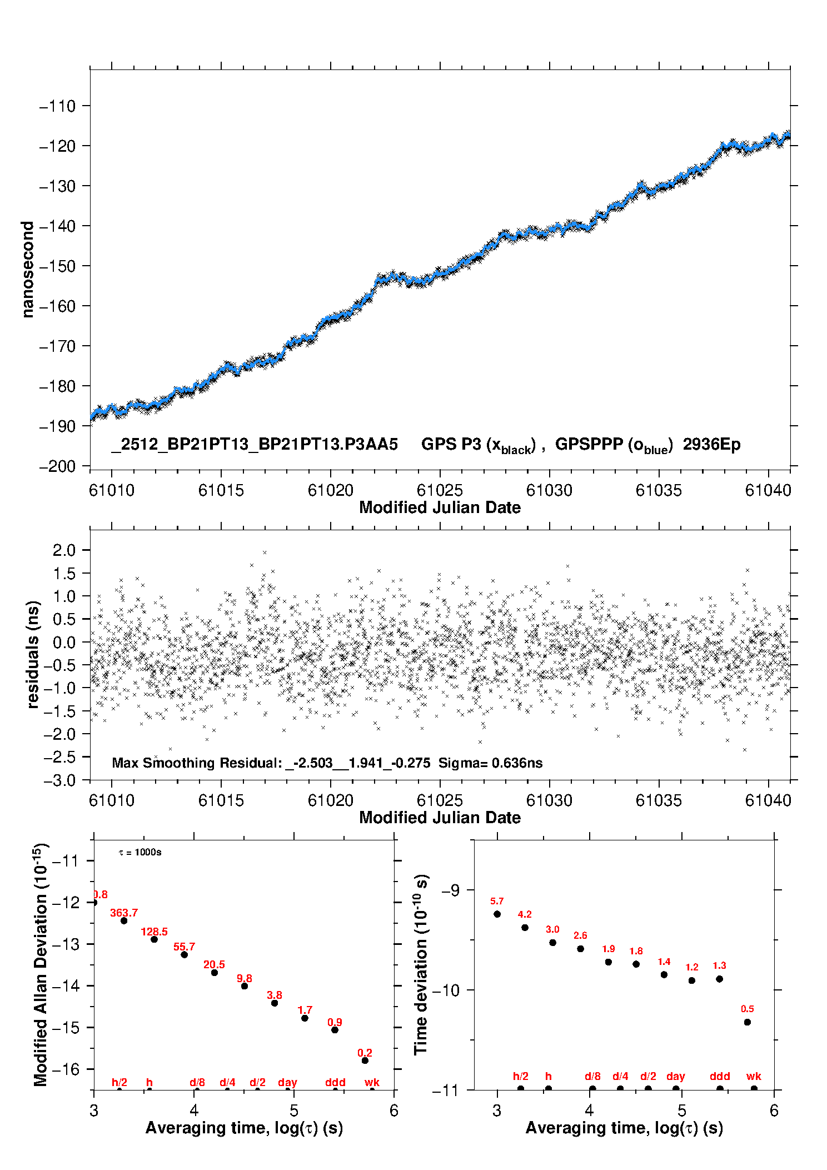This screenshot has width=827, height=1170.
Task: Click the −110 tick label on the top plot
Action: click(x=57, y=106)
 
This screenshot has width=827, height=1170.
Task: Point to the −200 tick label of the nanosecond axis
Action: click(x=57, y=466)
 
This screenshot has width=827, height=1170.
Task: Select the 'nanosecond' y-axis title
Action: click(x=27, y=270)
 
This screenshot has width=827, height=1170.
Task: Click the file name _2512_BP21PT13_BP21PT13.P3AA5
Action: click(x=255, y=445)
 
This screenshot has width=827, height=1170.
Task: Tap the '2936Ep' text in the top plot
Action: click(x=711, y=445)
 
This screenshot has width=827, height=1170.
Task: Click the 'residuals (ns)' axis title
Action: click(x=33, y=654)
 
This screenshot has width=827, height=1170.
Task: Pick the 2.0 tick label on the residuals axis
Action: click(x=64, y=550)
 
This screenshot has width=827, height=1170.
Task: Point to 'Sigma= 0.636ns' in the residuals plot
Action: click(x=490, y=763)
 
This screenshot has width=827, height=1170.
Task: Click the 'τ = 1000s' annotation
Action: click(x=140, y=853)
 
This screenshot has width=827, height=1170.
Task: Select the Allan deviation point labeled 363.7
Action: click(x=124, y=921)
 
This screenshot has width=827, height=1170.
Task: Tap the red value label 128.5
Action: click(x=154, y=932)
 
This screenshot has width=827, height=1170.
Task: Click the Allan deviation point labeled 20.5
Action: click(x=215, y=973)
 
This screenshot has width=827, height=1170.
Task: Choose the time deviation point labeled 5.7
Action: click(x=497, y=914)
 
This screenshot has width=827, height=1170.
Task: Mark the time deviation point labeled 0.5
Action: click(x=748, y=1022)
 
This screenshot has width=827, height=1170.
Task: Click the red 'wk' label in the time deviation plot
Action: click(x=754, y=1077)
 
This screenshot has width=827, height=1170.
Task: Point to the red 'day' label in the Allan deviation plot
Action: click(x=287, y=1083)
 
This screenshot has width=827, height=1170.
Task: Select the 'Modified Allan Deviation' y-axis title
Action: click(x=41, y=964)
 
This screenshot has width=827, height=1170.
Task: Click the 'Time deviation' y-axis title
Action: click(x=421, y=964)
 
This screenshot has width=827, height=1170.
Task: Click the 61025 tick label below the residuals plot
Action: click(x=440, y=800)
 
